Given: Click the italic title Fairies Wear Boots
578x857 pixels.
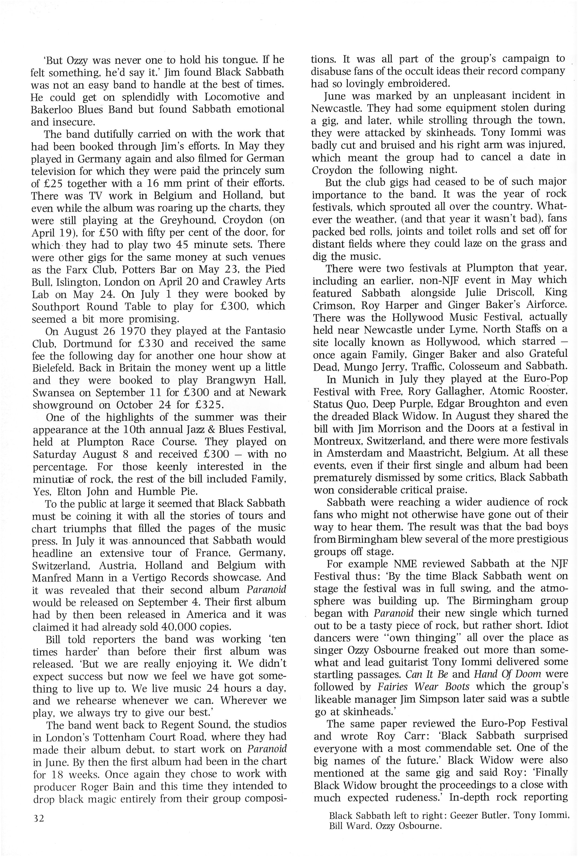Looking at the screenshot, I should point(423,687).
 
